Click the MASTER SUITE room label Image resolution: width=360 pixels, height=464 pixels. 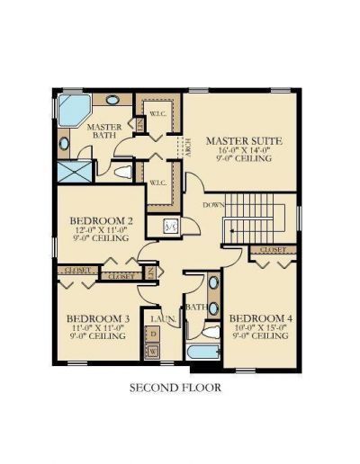pos(245,141)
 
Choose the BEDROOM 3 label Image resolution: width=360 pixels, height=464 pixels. pos(96,319)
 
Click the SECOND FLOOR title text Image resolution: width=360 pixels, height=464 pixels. pos(175,388)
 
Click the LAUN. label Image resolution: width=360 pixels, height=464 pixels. pos(163,319)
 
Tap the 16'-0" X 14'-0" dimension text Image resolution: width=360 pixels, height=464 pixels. pos(245,152)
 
